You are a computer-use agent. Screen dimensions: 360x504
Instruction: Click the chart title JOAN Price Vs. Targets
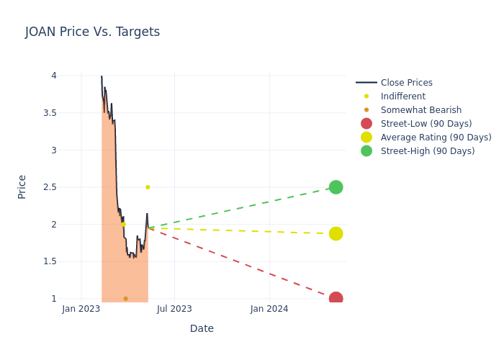tap(92, 32)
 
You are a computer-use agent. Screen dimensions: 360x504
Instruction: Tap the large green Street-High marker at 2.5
tap(336, 187)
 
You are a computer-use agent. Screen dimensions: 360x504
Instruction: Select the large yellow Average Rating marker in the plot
tap(336, 233)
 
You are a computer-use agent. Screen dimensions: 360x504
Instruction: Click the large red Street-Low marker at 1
tap(336, 298)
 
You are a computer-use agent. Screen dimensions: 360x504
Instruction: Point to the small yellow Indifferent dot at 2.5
tap(148, 187)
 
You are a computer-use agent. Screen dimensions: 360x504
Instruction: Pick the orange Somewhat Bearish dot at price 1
tap(125, 298)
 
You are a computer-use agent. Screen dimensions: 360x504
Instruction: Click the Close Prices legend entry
tap(406, 83)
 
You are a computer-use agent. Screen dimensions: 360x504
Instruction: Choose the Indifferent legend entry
tap(402, 96)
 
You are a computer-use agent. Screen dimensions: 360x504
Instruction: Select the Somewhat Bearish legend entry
tap(420, 110)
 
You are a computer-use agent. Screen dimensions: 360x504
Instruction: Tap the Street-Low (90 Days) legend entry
tap(426, 124)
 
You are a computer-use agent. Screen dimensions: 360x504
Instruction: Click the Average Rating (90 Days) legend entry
tap(436, 138)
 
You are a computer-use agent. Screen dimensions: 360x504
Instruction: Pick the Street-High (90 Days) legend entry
tap(427, 151)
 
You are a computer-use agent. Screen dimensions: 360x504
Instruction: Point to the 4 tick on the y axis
tap(53, 76)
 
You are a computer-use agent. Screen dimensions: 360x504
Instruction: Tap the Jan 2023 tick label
tap(81, 309)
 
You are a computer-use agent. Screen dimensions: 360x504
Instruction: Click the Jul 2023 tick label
tap(174, 309)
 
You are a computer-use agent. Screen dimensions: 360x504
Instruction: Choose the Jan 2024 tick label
tap(269, 309)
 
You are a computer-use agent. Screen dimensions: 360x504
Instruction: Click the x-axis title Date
tap(202, 328)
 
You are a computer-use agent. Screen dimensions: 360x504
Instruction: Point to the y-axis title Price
tap(22, 186)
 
